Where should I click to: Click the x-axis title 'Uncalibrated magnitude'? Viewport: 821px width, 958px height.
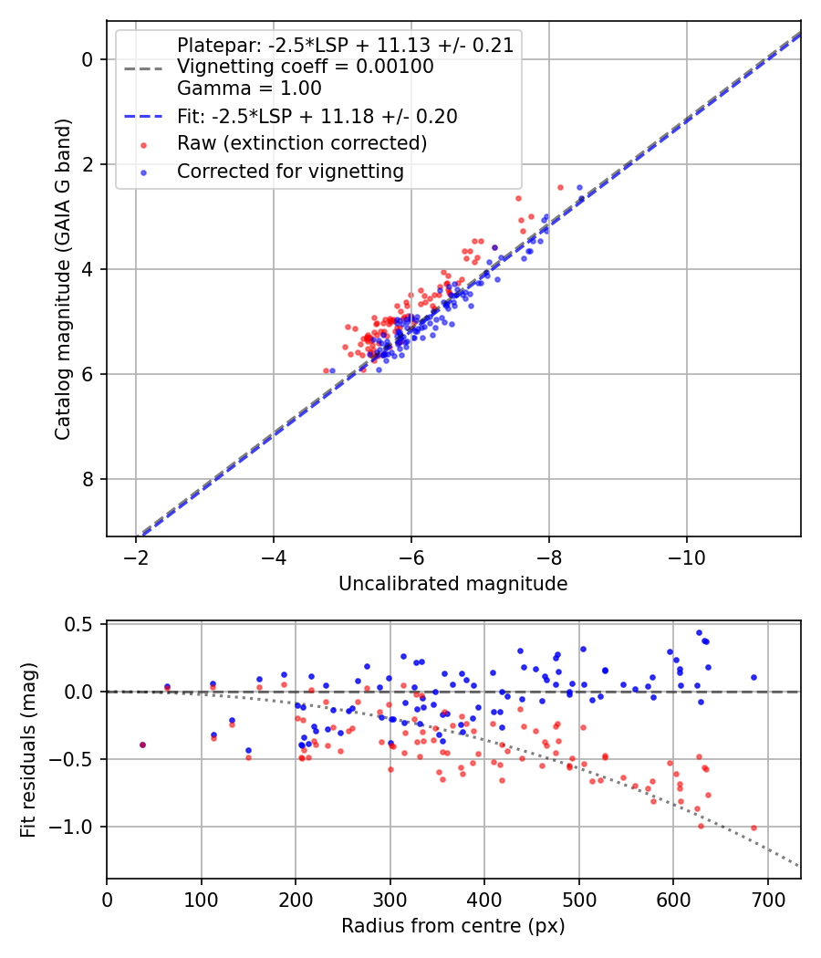pos(452,584)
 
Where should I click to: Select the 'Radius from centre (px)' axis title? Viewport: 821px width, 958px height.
pos(452,926)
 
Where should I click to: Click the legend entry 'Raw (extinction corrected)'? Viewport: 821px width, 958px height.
pos(301,143)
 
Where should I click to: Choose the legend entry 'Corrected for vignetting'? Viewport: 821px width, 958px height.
pos(289,171)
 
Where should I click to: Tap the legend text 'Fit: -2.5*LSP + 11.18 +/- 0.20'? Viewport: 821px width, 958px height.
pos(317,116)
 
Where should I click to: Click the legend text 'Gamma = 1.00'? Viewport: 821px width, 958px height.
pos(249,89)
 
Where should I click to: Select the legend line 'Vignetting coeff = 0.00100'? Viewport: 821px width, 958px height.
pos(305,67)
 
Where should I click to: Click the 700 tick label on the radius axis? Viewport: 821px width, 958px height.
pos(767,900)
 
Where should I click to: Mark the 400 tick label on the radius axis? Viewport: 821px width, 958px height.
pos(484,900)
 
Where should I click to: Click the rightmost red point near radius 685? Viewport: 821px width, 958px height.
pos(753,828)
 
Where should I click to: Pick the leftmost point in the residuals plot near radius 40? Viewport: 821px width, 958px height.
pos(142,745)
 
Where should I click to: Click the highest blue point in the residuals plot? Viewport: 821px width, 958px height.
pos(699,632)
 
